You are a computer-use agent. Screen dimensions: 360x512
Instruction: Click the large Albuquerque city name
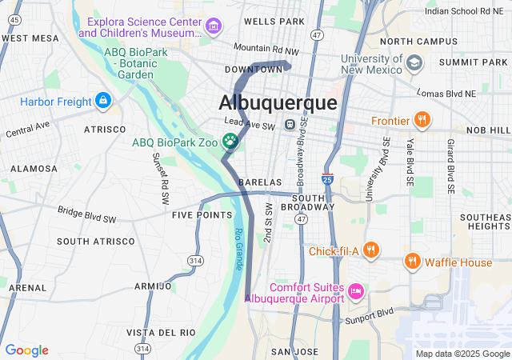pyautogui.click(x=278, y=103)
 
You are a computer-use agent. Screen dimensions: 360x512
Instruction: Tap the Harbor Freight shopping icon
pyautogui.click(x=102, y=101)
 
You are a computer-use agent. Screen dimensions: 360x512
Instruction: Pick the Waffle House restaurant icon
pyautogui.click(x=412, y=262)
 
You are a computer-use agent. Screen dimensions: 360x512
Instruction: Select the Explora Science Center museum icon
pyautogui.click(x=213, y=27)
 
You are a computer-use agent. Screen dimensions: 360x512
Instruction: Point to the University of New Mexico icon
pyautogui.click(x=414, y=62)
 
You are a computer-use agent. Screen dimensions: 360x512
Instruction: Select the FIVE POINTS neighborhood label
pyautogui.click(x=202, y=215)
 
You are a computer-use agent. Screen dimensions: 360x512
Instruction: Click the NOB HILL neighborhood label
pyautogui.click(x=488, y=129)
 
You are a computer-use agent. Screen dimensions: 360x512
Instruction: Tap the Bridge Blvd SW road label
pyautogui.click(x=86, y=214)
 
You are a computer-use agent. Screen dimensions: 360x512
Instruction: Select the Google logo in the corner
pyautogui.click(x=26, y=350)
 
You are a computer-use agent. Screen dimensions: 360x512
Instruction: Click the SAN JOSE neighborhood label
pyautogui.click(x=294, y=352)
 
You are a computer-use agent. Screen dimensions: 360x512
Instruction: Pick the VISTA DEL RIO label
pyautogui.click(x=161, y=332)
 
